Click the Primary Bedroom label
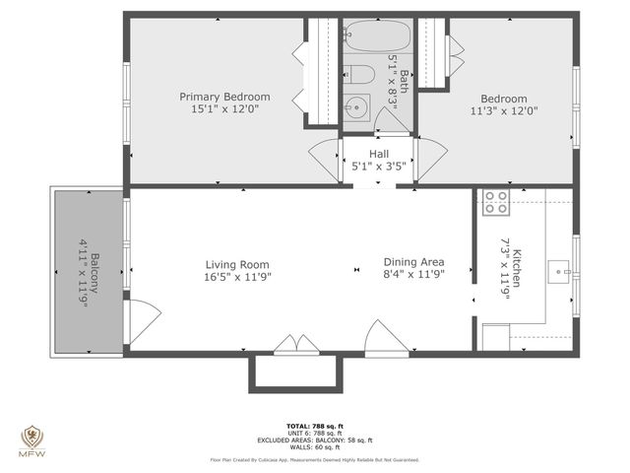click(224, 97)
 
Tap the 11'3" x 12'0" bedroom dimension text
click(503, 111)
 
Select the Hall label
click(379, 154)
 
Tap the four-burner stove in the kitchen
click(494, 203)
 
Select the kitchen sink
click(559, 269)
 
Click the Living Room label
click(237, 264)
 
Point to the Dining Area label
click(413, 262)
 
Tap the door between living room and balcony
click(143, 321)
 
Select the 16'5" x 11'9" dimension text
click(237, 277)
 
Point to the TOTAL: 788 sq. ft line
click(314, 425)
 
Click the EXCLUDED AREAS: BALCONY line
click(314, 439)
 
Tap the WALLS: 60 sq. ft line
click(314, 447)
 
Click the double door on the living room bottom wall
click(295, 344)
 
